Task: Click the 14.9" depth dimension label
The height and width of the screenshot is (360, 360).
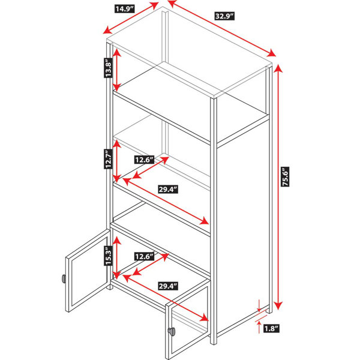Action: (x=124, y=9)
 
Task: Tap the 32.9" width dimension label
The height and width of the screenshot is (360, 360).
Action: (x=224, y=16)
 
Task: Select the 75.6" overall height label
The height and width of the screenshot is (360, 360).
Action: (x=286, y=177)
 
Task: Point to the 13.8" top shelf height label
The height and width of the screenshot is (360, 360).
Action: (x=108, y=68)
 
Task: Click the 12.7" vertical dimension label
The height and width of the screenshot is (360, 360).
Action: (x=108, y=159)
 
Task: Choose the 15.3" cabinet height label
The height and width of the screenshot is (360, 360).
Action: (x=108, y=256)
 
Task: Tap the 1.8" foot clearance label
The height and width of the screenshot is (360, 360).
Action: (x=271, y=329)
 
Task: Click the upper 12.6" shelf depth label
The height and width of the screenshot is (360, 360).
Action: (x=144, y=160)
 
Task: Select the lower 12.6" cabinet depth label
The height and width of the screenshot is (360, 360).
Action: (x=144, y=256)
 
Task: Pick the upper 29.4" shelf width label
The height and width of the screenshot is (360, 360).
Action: (x=168, y=190)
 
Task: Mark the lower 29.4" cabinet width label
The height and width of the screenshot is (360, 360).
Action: (x=168, y=286)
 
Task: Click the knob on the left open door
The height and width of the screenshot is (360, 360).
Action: (x=64, y=278)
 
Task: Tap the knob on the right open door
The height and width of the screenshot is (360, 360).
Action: (x=171, y=332)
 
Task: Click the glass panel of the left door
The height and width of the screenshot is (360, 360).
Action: (x=89, y=271)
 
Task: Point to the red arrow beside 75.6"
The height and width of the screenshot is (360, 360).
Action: (x=278, y=187)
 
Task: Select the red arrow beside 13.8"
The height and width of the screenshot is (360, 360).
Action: (x=117, y=70)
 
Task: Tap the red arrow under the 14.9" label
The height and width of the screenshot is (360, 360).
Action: (x=131, y=18)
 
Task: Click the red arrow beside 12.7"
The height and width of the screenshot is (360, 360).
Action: (x=117, y=161)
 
